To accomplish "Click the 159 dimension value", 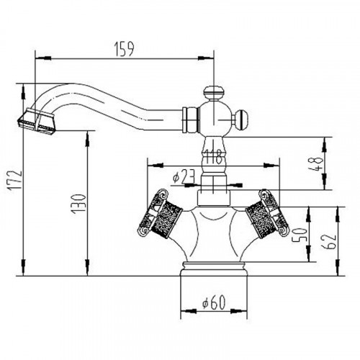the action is point(124,49).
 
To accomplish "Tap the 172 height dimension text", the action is point(15,181).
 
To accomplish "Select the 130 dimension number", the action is point(78,204).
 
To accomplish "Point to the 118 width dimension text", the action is point(212,157).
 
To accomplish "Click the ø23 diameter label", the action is point(183,176).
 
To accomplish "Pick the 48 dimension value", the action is point(315,164).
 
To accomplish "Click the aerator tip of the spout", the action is point(37,122).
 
